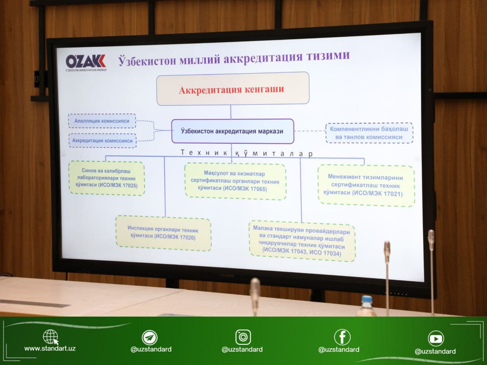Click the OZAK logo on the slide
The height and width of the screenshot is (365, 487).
(x=86, y=62)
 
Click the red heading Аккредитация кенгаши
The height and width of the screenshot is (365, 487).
(x=232, y=90)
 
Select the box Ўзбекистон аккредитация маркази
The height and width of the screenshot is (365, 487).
(x=232, y=131)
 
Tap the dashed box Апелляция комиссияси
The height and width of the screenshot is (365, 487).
(x=102, y=121)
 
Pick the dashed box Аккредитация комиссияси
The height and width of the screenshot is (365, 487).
(x=102, y=141)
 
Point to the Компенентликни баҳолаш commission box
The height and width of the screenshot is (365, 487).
(x=369, y=133)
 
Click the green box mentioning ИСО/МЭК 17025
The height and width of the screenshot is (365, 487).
(x=107, y=178)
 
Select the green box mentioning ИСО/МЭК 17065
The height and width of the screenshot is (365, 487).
(x=235, y=181)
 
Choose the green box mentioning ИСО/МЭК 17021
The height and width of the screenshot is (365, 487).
(x=366, y=185)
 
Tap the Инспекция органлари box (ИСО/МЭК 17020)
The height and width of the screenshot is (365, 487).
(x=163, y=233)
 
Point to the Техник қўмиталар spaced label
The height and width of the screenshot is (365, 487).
(x=247, y=153)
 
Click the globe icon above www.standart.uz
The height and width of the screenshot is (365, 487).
(x=50, y=336)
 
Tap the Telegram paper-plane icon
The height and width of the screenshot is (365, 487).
(x=150, y=337)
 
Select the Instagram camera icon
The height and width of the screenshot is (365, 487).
(x=243, y=337)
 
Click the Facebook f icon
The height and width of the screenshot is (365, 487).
(x=342, y=337)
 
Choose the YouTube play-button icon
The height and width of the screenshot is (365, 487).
(x=436, y=338)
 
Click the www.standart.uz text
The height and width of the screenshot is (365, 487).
(x=50, y=349)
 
